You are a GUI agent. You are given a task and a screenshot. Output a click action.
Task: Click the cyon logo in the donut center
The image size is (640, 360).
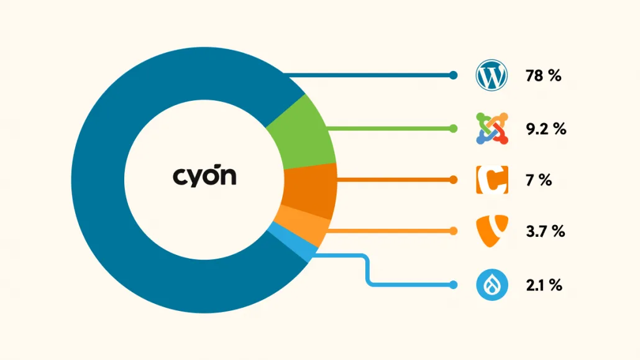click(x=204, y=177)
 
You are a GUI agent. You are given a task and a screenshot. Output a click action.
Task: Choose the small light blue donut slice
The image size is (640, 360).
click(x=293, y=242)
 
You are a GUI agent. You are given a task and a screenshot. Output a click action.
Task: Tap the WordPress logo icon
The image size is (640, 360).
click(x=492, y=75)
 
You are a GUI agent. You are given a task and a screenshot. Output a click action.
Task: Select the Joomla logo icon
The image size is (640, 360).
click(x=492, y=129)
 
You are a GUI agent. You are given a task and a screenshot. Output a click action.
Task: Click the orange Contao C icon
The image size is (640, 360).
click(x=492, y=180)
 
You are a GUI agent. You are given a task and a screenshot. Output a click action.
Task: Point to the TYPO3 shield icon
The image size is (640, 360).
click(x=492, y=231)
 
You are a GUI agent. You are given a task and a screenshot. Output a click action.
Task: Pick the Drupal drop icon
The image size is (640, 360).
click(x=492, y=285)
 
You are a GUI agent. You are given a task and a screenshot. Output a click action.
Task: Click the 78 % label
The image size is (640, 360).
click(x=543, y=76)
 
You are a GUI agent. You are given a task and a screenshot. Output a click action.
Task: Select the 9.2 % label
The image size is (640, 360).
click(x=546, y=129)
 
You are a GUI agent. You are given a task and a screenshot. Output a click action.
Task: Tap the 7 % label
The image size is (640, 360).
click(x=538, y=180)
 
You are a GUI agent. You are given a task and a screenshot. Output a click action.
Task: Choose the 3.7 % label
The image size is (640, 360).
click(x=546, y=232)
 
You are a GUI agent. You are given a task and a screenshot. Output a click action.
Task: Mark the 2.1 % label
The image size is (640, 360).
click(x=544, y=285)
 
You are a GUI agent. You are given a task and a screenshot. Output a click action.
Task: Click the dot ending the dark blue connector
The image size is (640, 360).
click(x=453, y=75)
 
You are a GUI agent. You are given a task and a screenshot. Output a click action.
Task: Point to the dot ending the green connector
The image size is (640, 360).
click(x=453, y=129)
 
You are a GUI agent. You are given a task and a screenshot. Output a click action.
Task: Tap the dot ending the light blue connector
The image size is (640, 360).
click(x=453, y=285)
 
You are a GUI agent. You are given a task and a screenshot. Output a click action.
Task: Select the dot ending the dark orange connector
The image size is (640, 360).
click(x=453, y=180)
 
